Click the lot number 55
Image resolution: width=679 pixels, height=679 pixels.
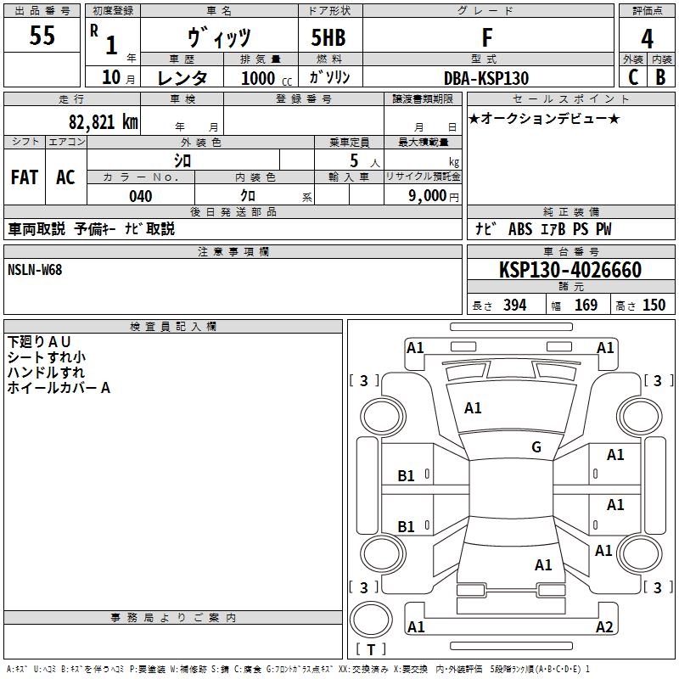pyautogui.click(x=42, y=36)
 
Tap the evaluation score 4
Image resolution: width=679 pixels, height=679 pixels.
pyautogui.click(x=647, y=39)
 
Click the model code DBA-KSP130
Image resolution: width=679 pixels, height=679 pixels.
pyautogui.click(x=486, y=78)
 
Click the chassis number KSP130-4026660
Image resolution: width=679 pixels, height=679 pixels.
pyautogui.click(x=570, y=270)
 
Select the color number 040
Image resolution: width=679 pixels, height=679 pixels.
pyautogui.click(x=140, y=196)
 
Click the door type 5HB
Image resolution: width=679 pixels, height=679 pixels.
pyautogui.click(x=328, y=38)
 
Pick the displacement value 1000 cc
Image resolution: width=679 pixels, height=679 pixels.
pyautogui.click(x=264, y=78)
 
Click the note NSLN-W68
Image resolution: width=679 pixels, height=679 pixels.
pyautogui.click(x=35, y=270)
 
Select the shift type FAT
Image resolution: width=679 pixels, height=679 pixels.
pyautogui.click(x=24, y=177)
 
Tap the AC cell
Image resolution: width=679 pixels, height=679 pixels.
pyautogui.click(x=65, y=177)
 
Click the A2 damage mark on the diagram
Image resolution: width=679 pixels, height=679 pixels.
pyautogui.click(x=604, y=627)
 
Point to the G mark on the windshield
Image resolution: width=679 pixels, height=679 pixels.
pyautogui.click(x=536, y=447)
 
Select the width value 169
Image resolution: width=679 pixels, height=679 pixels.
pyautogui.click(x=586, y=306)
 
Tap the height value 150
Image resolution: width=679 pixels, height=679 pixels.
pyautogui.click(x=654, y=306)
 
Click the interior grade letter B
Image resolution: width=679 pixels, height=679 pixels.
pyautogui.click(x=660, y=76)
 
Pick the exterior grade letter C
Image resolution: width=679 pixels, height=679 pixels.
pyautogui.click(x=632, y=76)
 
